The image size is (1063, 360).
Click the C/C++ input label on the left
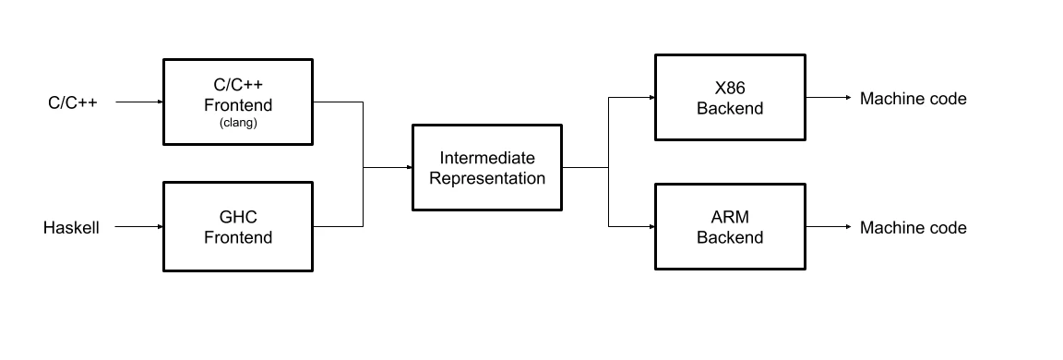click(73, 102)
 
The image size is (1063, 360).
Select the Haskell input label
click(71, 227)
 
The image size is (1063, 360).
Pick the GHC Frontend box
click(238, 227)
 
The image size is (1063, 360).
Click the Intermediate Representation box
click(486, 168)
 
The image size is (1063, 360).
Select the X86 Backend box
click(729, 98)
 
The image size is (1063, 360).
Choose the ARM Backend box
click(729, 227)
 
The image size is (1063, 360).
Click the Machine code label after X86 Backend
click(913, 98)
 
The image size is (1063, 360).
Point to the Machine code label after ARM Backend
click(913, 227)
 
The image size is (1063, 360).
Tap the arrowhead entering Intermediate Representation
click(408, 168)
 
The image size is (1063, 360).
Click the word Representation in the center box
click(486, 178)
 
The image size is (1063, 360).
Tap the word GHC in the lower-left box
click(238, 218)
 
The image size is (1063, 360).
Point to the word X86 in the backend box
click(729, 89)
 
